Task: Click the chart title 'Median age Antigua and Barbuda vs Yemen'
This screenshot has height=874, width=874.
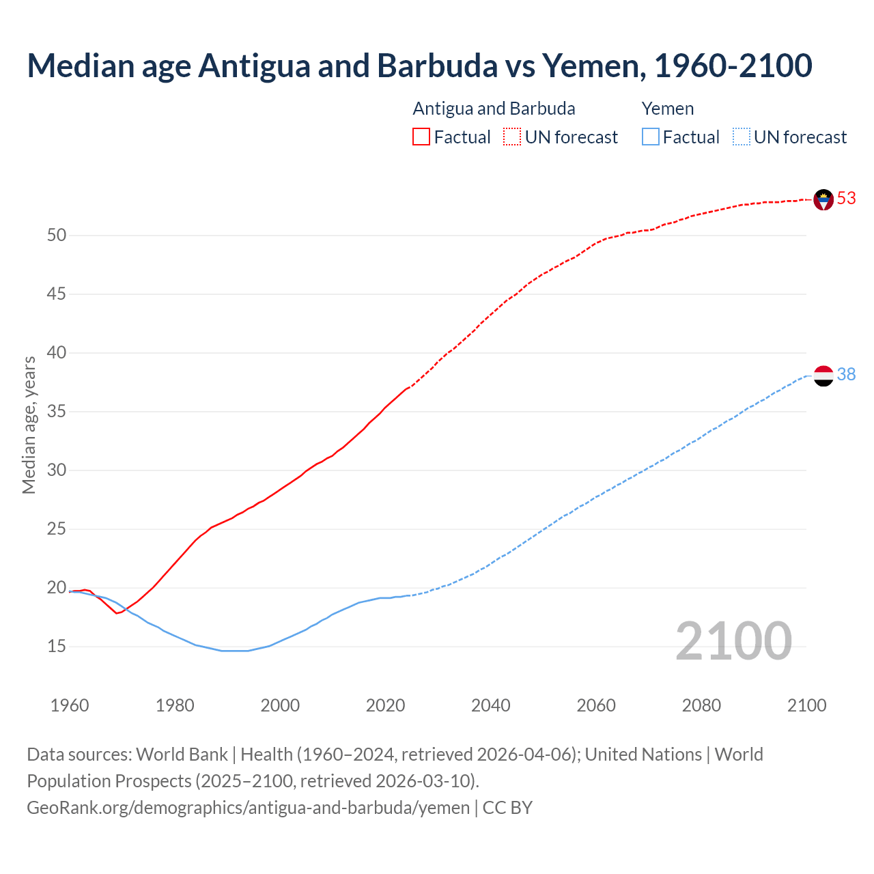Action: point(419,66)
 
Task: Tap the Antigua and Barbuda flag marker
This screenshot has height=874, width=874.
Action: point(823,199)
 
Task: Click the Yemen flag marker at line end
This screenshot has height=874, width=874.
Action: point(823,376)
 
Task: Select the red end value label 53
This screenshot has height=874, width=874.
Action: point(846,198)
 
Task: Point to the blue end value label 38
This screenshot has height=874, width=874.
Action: point(846,374)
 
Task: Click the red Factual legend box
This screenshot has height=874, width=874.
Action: point(421,137)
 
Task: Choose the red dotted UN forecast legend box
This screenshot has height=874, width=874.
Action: point(512,137)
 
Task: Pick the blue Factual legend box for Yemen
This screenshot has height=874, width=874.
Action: point(650,137)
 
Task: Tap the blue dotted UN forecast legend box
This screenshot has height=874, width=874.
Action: point(741,137)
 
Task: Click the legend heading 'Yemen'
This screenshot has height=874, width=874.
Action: point(667,109)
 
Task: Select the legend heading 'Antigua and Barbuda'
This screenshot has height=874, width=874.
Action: point(494,109)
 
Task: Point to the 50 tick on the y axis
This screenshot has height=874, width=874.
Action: point(57,236)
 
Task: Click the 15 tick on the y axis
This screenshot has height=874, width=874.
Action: point(57,646)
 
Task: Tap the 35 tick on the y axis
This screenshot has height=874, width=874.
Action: point(57,412)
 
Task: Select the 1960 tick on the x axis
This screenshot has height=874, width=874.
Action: point(70,705)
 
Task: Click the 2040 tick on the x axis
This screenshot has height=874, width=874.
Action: point(491,705)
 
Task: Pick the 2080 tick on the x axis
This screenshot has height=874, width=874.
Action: point(701,705)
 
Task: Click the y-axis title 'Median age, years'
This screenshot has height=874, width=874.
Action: point(29,425)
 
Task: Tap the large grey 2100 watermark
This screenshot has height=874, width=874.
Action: point(733,640)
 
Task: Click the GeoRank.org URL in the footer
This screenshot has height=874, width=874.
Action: point(248,808)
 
